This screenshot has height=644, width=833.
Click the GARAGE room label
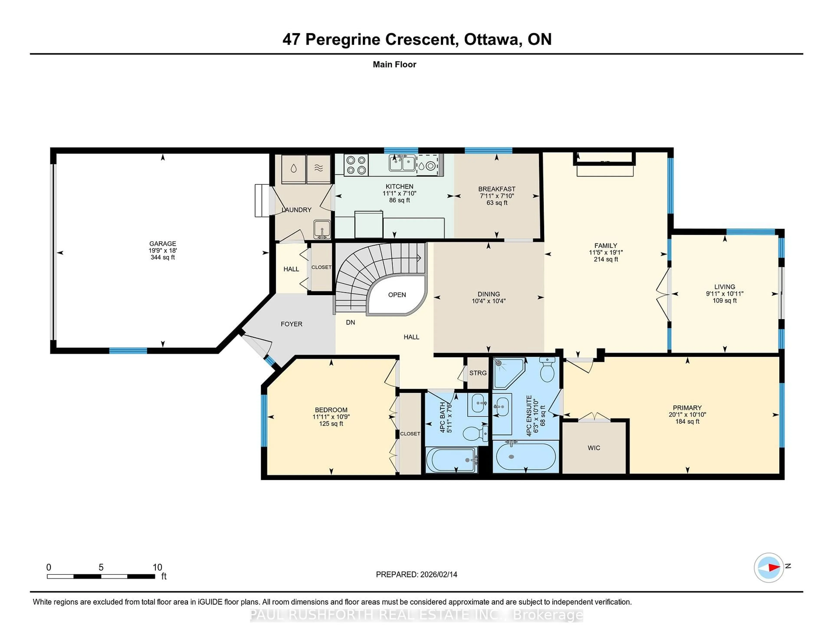(x=162, y=243)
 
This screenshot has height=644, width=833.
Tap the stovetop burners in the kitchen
(x=356, y=165)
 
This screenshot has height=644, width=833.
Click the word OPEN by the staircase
(x=397, y=294)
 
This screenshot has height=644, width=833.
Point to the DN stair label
(x=350, y=322)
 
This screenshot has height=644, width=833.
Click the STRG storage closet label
(x=477, y=373)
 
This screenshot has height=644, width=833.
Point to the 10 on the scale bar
(x=157, y=567)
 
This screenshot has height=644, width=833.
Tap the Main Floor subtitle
(x=394, y=64)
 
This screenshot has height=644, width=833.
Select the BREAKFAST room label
(x=497, y=189)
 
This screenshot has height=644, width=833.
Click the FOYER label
(x=291, y=324)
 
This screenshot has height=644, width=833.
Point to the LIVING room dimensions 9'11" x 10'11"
(x=724, y=294)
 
